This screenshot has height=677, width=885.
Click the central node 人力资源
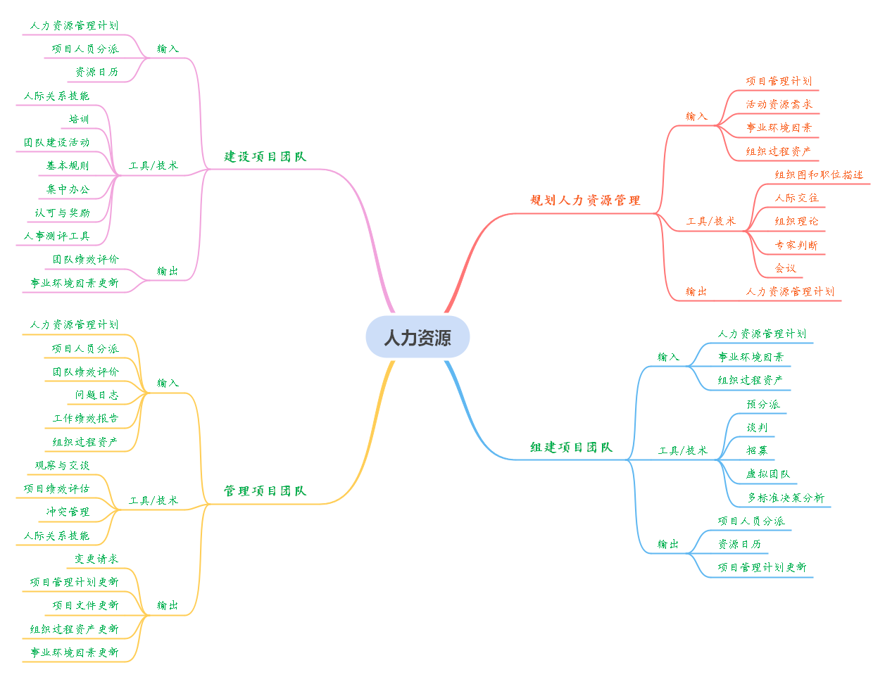418,338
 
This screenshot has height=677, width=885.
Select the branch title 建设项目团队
265,156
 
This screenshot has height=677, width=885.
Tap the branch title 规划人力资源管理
585,201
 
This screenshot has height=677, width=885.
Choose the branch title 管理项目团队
265,491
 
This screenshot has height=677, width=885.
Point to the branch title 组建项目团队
571,447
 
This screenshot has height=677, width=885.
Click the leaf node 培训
79,119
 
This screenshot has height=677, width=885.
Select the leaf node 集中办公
68,189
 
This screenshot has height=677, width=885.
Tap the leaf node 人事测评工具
56,236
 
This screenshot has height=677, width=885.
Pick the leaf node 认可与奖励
62,213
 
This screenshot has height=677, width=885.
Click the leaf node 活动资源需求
779,104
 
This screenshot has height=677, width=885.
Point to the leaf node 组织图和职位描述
818,175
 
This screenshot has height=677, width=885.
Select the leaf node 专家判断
796,245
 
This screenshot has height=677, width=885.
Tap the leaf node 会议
785,268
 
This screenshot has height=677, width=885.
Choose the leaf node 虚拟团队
767,474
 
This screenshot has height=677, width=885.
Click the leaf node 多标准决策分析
785,498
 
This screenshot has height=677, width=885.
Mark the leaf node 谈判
757,427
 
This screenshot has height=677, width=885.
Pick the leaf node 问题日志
96,395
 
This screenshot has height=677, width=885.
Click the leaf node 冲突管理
68,512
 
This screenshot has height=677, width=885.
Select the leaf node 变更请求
96,559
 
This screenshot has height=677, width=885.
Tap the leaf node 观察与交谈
62,465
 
